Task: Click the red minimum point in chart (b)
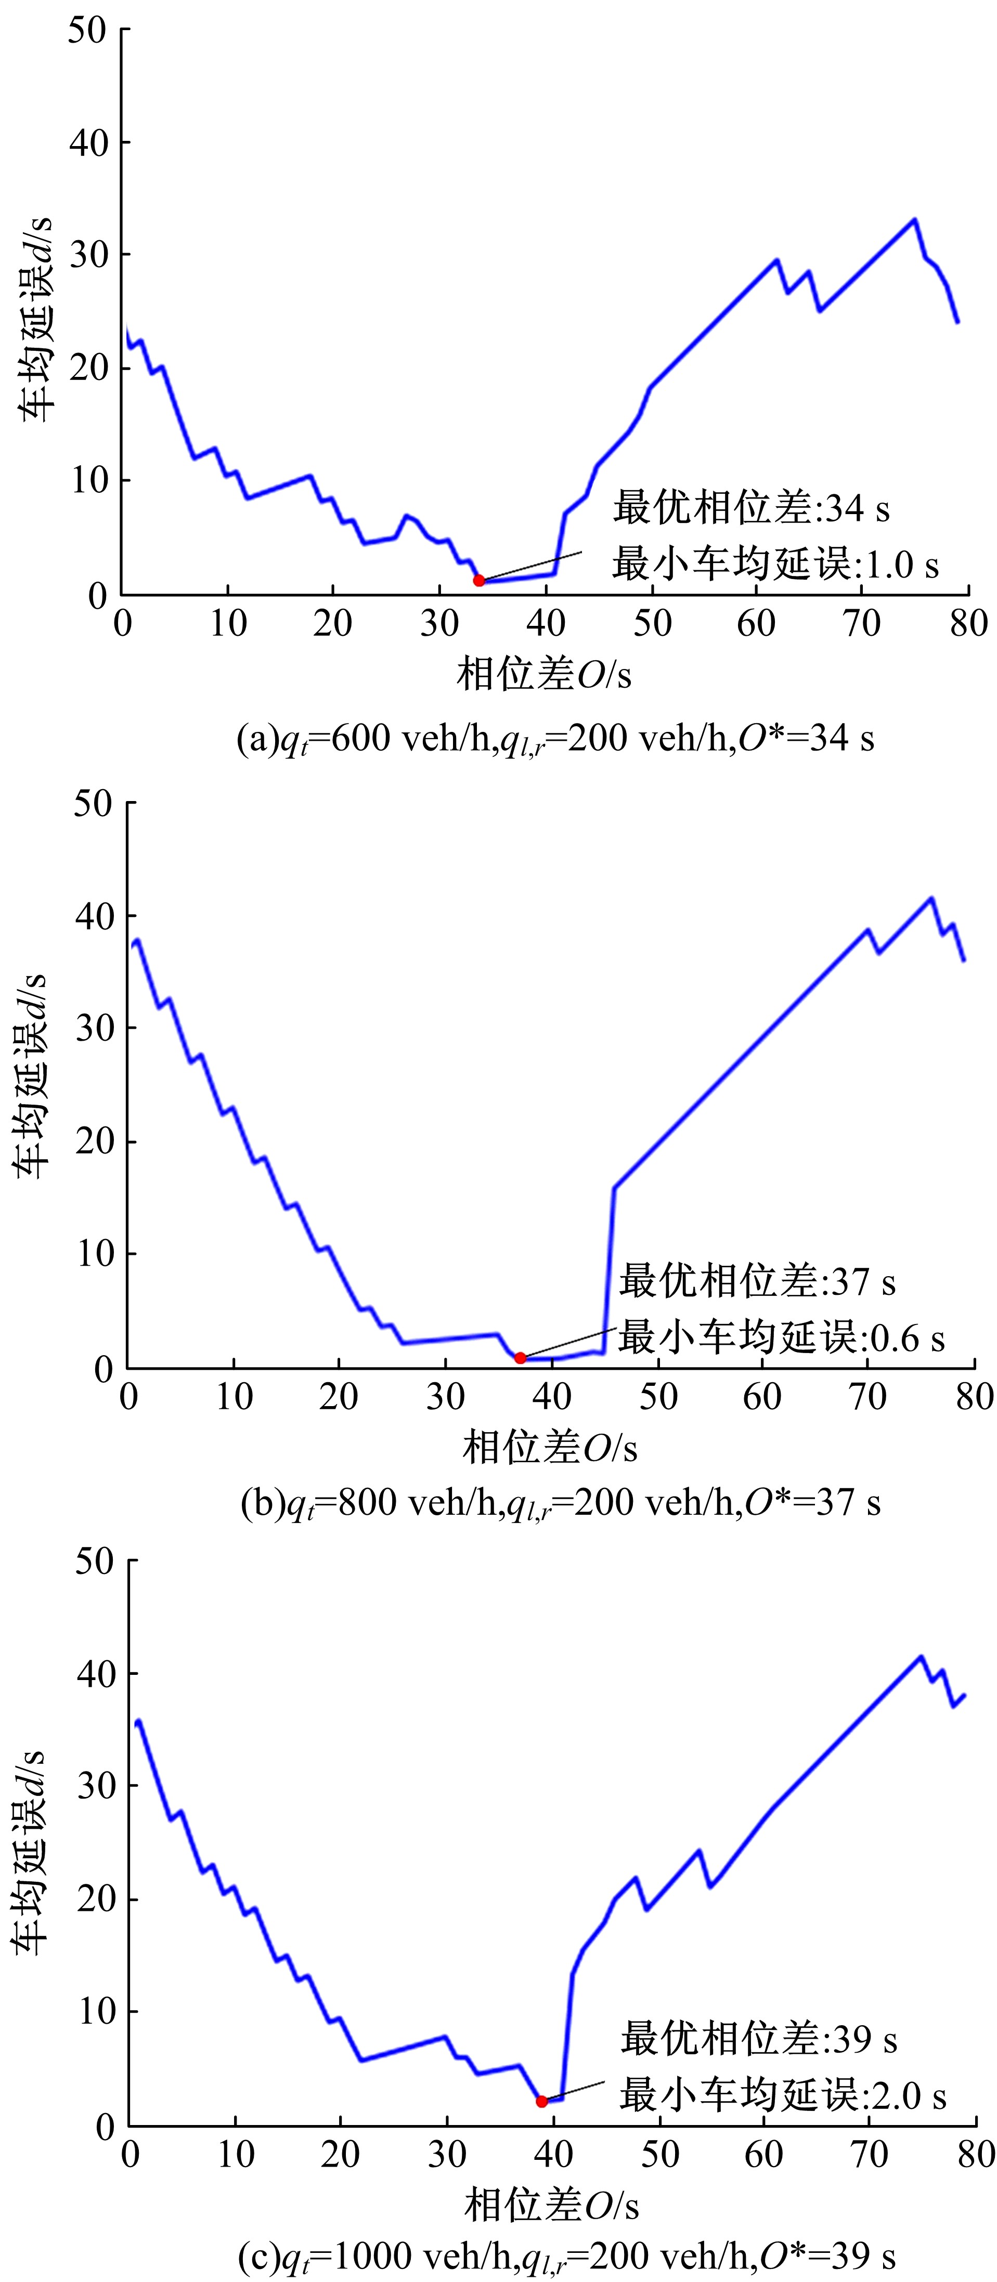click(x=520, y=1357)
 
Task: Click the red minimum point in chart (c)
click(x=541, y=2101)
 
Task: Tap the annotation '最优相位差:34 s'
click(x=750, y=508)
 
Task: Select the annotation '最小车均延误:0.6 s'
click(x=781, y=1337)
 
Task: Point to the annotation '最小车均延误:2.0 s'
click(x=783, y=2096)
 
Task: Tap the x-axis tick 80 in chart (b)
click(x=974, y=1397)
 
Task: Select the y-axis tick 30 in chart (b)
click(x=94, y=1029)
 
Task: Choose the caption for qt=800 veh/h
click(x=560, y=1502)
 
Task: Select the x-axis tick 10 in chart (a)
click(x=228, y=624)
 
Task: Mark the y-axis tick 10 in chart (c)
click(x=97, y=2012)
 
